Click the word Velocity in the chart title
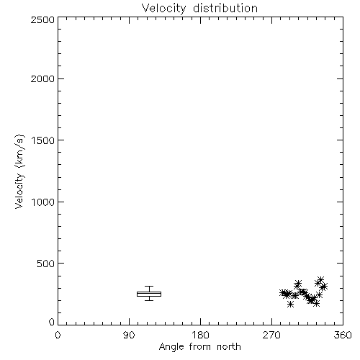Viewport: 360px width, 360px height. [163, 9]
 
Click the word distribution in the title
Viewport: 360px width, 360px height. [225, 8]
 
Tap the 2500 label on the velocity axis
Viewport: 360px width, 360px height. [42, 19]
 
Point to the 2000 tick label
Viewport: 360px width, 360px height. [42, 78]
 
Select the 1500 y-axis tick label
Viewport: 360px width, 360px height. [43, 140]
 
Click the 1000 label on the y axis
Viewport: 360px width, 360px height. [43, 202]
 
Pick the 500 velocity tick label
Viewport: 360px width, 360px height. [46, 264]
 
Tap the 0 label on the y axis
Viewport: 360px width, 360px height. [52, 322]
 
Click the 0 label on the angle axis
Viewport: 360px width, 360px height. [58, 335]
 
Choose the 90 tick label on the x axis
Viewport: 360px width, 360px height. [129, 335]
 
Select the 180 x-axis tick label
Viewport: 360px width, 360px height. [200, 335]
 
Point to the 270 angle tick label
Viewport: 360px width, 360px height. [271, 335]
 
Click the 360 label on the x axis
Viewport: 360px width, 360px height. [343, 335]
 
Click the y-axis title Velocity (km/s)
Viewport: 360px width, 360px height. [19, 171]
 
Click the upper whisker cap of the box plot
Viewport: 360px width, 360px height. [149, 286]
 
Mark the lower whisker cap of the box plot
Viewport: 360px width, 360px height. [149, 300]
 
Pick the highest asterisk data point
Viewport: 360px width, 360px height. [321, 279]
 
